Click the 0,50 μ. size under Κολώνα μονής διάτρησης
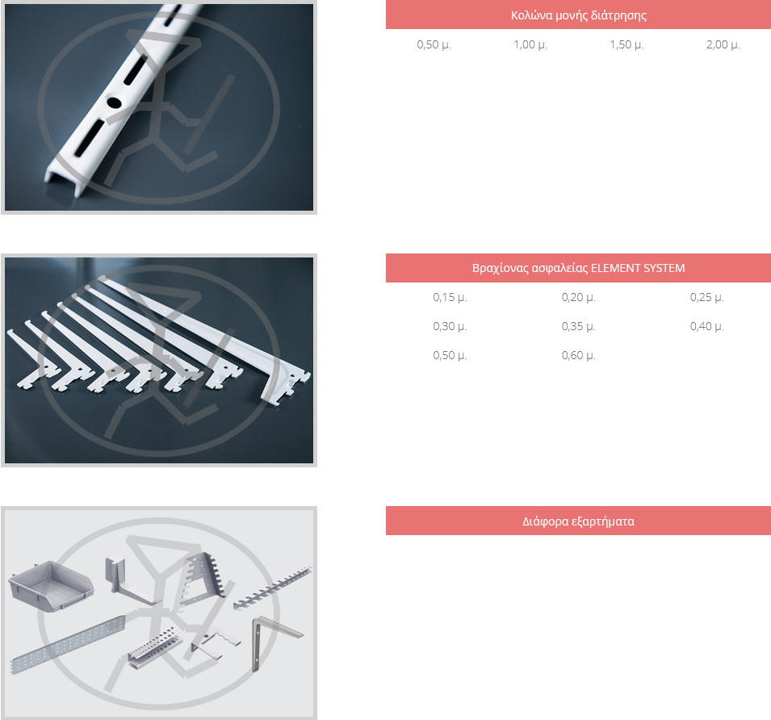434,44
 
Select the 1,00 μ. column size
530,44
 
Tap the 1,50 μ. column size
626,44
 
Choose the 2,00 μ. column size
723,44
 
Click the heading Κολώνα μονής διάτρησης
578,15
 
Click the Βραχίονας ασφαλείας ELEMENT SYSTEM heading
578,268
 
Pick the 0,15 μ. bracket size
450,297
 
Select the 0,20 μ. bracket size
578,297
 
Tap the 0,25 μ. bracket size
706,297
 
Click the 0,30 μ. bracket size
450,326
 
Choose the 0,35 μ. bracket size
578,326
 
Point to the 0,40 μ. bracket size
706,326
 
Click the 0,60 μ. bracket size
578,355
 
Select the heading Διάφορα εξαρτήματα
578,521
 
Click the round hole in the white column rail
114,103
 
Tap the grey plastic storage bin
51,586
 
